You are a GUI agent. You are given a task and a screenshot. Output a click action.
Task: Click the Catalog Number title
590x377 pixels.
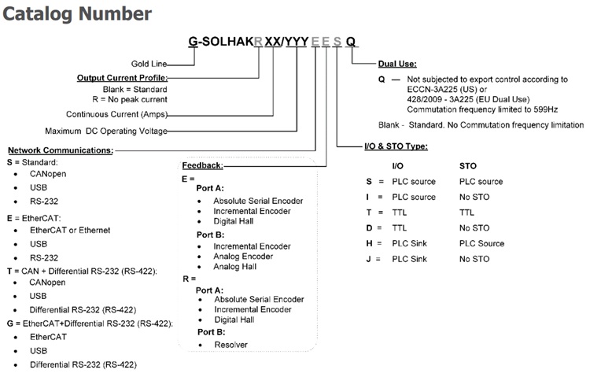77,13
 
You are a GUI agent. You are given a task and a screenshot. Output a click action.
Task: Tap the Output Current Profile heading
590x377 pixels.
122,77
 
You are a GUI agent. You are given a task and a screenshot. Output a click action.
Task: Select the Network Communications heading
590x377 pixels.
60,150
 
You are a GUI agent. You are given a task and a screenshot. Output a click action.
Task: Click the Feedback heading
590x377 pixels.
202,166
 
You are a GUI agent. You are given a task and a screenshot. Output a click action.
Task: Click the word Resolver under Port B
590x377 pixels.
230,344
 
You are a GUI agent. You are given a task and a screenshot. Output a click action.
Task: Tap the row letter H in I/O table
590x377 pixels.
358,243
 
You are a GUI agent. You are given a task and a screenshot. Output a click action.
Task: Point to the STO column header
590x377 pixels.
468,166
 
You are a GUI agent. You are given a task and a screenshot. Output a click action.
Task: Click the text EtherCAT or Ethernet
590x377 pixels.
71,230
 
